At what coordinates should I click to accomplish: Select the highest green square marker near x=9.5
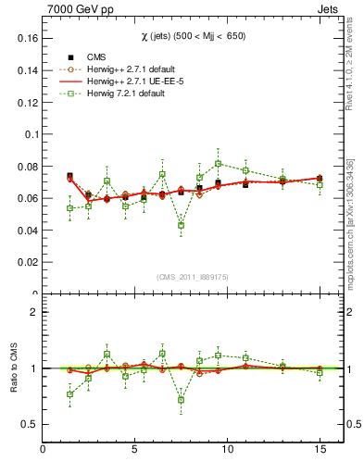218,163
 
